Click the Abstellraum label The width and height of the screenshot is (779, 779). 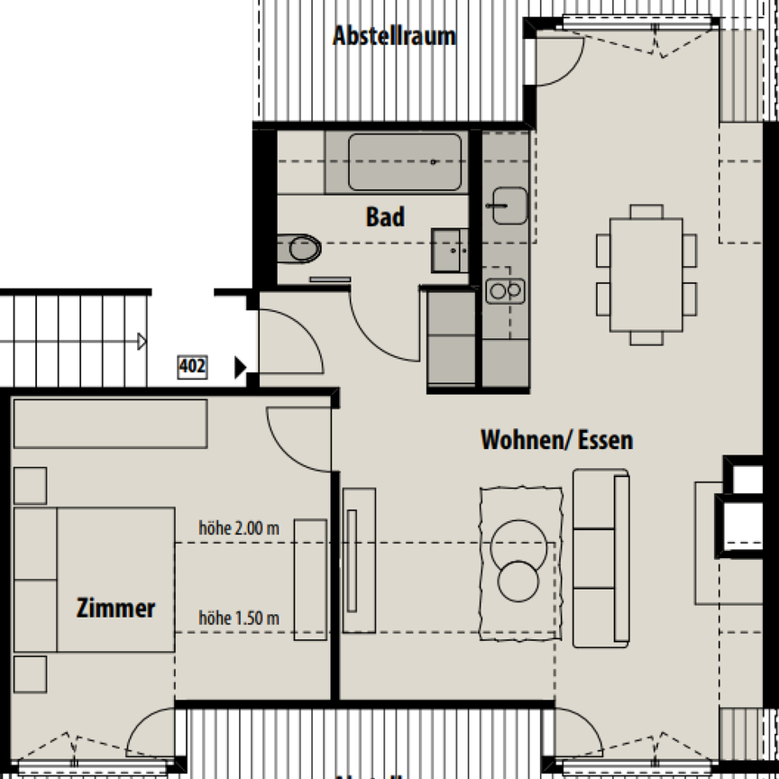(x=394, y=37)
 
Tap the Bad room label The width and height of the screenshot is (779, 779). (x=385, y=217)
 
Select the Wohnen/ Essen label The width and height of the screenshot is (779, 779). (x=556, y=440)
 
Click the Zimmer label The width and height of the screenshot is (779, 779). (x=115, y=609)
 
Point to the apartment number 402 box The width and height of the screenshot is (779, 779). (x=192, y=367)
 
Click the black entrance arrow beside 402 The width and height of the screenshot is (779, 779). (x=240, y=367)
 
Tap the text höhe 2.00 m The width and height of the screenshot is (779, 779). (x=239, y=529)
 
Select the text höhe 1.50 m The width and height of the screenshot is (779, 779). (x=239, y=619)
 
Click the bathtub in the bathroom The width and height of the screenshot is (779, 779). (x=405, y=162)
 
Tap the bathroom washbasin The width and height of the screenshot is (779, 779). (x=448, y=251)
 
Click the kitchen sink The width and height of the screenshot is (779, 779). (x=509, y=206)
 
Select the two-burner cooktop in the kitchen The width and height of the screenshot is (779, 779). (x=505, y=290)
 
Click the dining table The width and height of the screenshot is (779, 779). (x=646, y=275)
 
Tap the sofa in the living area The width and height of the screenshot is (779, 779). (x=601, y=557)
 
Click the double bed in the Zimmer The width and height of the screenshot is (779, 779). (x=95, y=579)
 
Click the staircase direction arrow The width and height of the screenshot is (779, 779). (x=141, y=342)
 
